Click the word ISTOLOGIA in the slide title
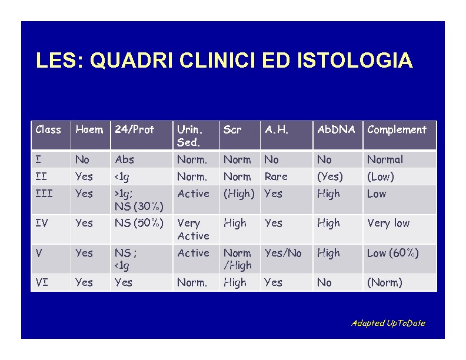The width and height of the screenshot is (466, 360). [x=355, y=60]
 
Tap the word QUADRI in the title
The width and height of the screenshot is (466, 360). [x=131, y=61]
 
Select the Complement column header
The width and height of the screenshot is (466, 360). [x=397, y=129]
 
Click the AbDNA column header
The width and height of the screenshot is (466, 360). [x=336, y=129]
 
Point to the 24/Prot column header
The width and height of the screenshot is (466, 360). [x=134, y=129]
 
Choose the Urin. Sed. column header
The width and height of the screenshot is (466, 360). [x=189, y=136]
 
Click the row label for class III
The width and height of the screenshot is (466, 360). [x=44, y=194]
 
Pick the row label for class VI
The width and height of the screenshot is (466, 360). [x=42, y=282]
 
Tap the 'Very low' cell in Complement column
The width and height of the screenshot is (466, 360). [x=388, y=223]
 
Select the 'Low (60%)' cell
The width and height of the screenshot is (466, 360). [x=393, y=253]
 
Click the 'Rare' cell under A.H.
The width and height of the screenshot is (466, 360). [x=276, y=176]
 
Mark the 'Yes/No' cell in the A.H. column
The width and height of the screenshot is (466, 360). [x=283, y=253]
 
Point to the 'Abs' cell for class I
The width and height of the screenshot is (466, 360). [x=124, y=159]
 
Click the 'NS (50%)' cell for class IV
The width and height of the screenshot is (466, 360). [x=139, y=223]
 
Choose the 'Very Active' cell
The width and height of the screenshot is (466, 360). [x=193, y=229]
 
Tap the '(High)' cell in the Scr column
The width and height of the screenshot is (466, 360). [x=239, y=194]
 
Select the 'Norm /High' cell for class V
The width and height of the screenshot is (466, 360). [x=238, y=259]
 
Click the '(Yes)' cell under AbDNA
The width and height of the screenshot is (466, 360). [x=330, y=176]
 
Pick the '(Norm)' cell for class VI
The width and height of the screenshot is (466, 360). [x=385, y=282]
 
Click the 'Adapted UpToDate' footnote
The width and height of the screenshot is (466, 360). [x=388, y=323]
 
